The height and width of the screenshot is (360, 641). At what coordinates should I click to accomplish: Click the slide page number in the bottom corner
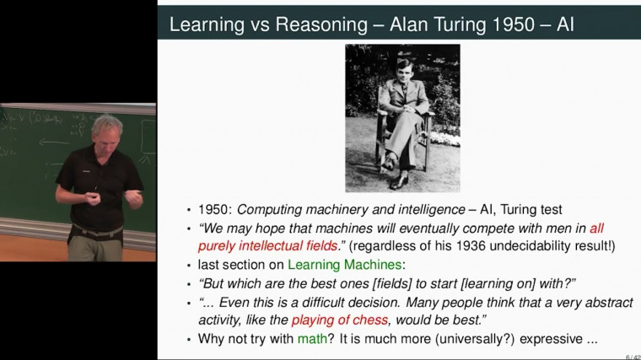coord(632,356)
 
